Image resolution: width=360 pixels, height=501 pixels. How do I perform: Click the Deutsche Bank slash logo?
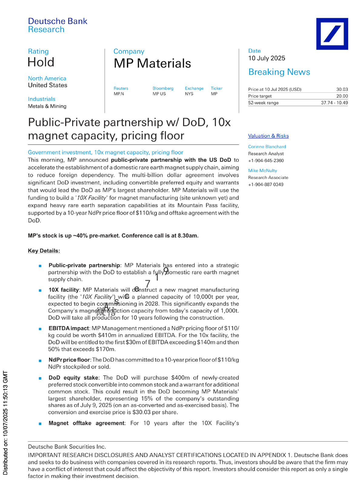pyautogui.click(x=332, y=34)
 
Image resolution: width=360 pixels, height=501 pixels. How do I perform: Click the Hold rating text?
pyautogui.click(x=41, y=62)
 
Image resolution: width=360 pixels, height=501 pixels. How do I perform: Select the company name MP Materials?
pyautogui.click(x=152, y=64)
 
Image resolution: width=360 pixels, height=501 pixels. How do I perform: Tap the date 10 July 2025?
pyautogui.click(x=267, y=58)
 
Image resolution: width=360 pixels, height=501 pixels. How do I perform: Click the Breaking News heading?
pyautogui.click(x=279, y=72)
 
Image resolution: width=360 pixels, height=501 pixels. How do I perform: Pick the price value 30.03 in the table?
pyautogui.click(x=342, y=89)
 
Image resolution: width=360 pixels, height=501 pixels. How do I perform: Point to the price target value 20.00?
pyautogui.click(x=342, y=96)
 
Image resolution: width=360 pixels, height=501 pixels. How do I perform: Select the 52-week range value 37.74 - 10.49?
pyautogui.click(x=334, y=103)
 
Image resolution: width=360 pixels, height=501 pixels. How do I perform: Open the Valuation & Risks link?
pyautogui.click(x=268, y=136)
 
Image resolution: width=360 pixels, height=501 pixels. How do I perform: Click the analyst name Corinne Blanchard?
pyautogui.click(x=267, y=147)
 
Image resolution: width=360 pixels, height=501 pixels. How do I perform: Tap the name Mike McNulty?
pyautogui.click(x=262, y=171)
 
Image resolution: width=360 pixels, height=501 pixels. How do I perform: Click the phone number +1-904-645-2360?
pyautogui.click(x=266, y=161)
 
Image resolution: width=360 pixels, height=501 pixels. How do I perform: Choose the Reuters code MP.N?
pyautogui.click(x=119, y=94)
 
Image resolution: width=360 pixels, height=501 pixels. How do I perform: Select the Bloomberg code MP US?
pyautogui.click(x=159, y=94)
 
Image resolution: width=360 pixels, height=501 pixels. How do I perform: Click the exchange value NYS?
pyautogui.click(x=189, y=94)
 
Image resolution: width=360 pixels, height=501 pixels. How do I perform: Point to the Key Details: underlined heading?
pyautogui.click(x=44, y=251)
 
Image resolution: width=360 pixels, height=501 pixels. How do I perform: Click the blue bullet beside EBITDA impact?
pyautogui.click(x=40, y=329)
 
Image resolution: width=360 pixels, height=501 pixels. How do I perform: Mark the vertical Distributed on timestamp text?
pyautogui.click(x=5, y=423)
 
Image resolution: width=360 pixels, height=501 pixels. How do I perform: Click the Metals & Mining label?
pyautogui.click(x=47, y=106)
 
